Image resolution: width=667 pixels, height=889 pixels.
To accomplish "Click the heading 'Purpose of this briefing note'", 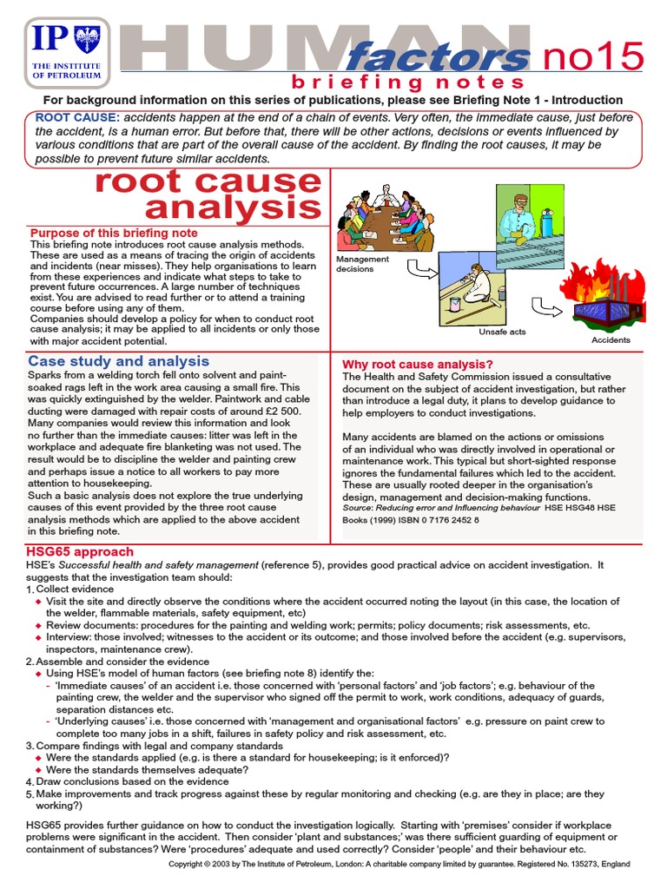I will pyautogui.click(x=114, y=233).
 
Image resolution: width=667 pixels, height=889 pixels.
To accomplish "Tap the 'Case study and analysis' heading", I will pyautogui.click(x=118, y=361).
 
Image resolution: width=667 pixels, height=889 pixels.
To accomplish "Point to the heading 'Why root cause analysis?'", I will pyautogui.click(x=418, y=364).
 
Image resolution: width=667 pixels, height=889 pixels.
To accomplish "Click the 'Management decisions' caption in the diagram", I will pyautogui.click(x=363, y=264).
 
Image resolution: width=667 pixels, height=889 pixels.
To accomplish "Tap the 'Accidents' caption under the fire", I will pyautogui.click(x=611, y=340).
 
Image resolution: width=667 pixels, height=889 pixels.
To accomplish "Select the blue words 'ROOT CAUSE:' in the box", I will pyautogui.click(x=76, y=117).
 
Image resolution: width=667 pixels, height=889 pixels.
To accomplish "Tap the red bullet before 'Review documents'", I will pyautogui.click(x=38, y=625).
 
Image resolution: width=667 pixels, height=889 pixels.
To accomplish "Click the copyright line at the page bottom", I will pyautogui.click(x=399, y=865).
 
